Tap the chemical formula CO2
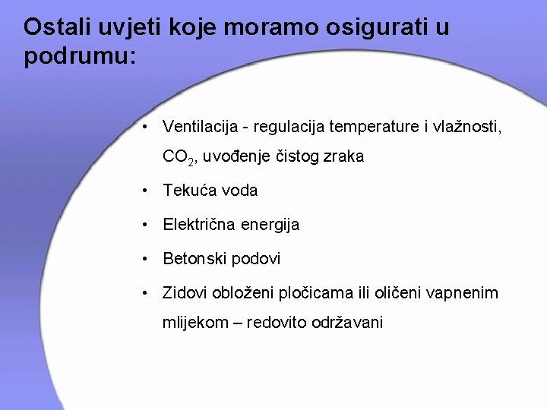click(179, 158)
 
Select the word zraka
click(343, 157)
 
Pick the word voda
click(241, 191)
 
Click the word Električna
click(202, 225)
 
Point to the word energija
click(273, 225)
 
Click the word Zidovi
click(186, 292)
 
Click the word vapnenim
click(465, 292)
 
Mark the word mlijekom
click(194, 323)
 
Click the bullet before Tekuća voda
click(144, 191)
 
